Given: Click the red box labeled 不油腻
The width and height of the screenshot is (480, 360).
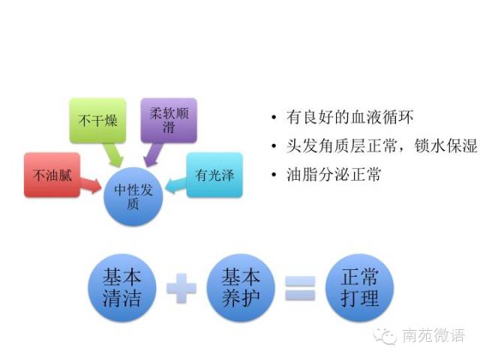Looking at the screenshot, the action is click(52, 176).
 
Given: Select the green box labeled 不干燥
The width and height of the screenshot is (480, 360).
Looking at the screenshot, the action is click(98, 120).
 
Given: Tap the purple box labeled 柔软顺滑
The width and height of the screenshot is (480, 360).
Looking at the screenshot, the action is click(168, 120).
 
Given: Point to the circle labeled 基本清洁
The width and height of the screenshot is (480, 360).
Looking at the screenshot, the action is click(122, 289).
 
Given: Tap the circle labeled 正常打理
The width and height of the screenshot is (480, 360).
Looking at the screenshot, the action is click(359, 289).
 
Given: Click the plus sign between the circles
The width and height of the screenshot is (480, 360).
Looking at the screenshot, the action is click(181, 289).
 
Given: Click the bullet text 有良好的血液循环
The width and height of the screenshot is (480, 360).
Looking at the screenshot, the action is click(349, 118).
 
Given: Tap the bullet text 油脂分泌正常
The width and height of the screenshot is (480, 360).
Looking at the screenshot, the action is click(334, 175).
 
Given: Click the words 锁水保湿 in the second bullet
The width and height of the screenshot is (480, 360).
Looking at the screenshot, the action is click(445, 146).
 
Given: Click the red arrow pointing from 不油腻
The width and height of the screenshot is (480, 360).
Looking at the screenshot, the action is click(93, 183).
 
